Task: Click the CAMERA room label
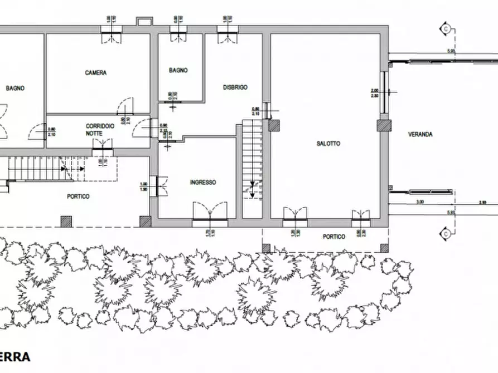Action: [96, 72]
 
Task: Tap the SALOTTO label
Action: [328, 144]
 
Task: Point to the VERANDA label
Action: [420, 134]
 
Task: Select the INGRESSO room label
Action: [203, 182]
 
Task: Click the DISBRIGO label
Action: [235, 87]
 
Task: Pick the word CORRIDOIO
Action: [100, 126]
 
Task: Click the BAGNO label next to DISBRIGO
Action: [178, 71]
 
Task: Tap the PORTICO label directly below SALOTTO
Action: [334, 237]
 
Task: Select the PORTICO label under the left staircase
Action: [78, 196]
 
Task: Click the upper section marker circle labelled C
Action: [446, 27]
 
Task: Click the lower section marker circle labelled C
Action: [446, 234]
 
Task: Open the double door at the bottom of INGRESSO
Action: [210, 214]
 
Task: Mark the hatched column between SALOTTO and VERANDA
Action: [384, 126]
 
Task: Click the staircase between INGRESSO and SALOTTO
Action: [252, 161]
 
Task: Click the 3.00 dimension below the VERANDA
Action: [420, 202]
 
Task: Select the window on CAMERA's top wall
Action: [109, 33]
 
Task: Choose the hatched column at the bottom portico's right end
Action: [384, 248]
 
